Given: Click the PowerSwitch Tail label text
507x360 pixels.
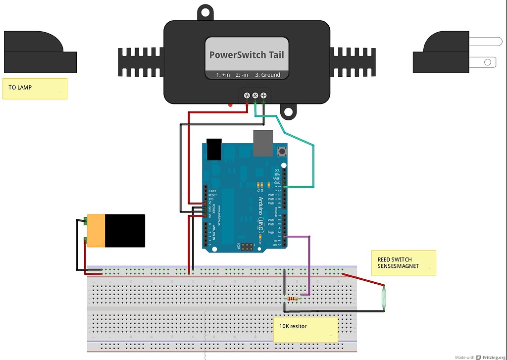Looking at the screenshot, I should coord(247,55).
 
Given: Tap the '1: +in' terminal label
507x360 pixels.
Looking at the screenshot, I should coord(223,75).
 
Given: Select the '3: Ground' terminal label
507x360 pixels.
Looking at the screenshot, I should coord(267,75).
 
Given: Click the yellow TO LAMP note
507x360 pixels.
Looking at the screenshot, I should coord(35,88).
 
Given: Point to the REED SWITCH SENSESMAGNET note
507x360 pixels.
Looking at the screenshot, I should coord(404,263).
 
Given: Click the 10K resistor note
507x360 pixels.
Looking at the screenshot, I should coord(305,329).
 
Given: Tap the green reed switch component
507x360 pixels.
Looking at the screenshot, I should coord(385,298).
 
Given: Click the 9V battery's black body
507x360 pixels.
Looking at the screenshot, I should coord(124,230).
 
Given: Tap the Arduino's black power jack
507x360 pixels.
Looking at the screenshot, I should coord(214,149).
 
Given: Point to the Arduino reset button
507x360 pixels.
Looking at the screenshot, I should coord(283,151).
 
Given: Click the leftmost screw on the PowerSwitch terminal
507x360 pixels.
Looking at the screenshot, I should coord(247,95).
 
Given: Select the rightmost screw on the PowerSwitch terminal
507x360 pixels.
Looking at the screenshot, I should coord(263,95).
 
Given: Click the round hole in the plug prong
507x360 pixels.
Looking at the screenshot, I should coord(488,62).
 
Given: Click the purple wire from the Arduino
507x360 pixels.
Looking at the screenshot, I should coord(309,262).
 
